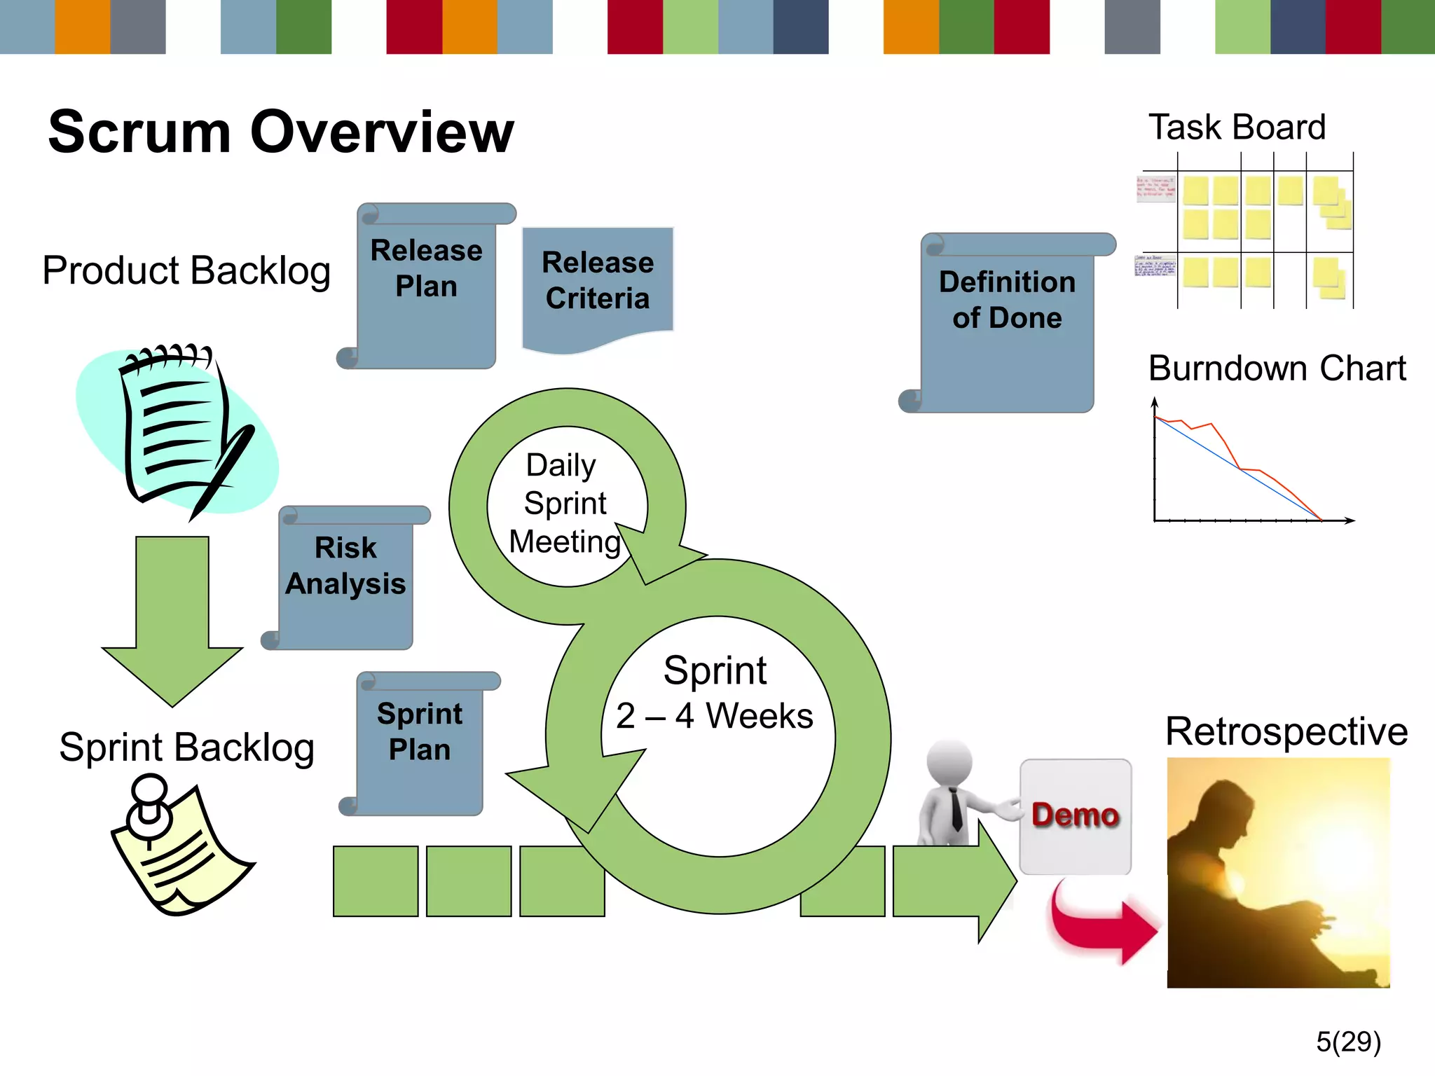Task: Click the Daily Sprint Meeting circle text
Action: pyautogui.click(x=565, y=504)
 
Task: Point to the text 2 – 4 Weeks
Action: pyautogui.click(x=715, y=716)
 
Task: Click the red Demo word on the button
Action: pyautogui.click(x=1075, y=815)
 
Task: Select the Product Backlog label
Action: pyautogui.click(x=186, y=271)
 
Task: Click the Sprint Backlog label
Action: pyautogui.click(x=186, y=747)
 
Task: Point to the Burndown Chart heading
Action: pyautogui.click(x=1277, y=368)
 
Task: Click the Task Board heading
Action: pyautogui.click(x=1237, y=127)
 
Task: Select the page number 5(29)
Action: pyautogui.click(x=1348, y=1042)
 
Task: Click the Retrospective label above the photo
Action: pyautogui.click(x=1286, y=732)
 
